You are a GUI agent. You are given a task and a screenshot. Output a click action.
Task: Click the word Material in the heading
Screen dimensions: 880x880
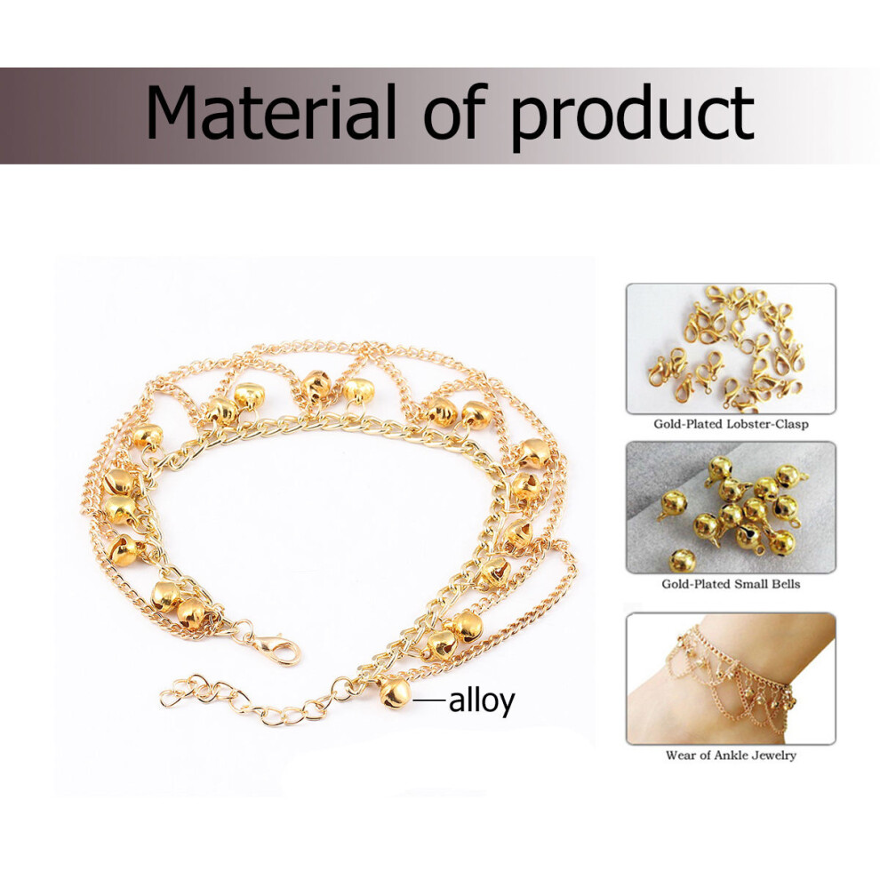click(x=271, y=112)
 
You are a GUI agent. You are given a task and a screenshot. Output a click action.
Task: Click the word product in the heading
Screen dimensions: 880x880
click(x=632, y=118)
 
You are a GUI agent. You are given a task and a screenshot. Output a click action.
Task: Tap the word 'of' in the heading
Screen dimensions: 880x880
click(x=453, y=111)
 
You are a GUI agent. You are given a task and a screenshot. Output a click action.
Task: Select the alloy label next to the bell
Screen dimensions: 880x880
click(x=482, y=701)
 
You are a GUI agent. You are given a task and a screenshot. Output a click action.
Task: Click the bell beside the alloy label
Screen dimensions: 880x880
click(x=394, y=692)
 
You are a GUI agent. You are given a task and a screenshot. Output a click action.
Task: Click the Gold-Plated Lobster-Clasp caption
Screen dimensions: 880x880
click(x=731, y=424)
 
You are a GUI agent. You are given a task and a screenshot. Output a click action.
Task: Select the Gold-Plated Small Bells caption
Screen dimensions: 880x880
click(x=731, y=584)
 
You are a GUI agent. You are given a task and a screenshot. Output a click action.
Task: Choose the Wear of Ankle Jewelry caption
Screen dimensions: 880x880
click(x=731, y=756)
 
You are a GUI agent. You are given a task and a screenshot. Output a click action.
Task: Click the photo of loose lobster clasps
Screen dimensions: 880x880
click(x=731, y=348)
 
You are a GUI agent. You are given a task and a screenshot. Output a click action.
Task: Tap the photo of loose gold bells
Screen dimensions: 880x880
click(x=731, y=508)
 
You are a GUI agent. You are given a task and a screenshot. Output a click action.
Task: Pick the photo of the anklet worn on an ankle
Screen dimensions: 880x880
click(x=731, y=679)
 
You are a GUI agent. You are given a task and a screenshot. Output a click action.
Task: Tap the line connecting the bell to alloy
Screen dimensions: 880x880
click(x=429, y=700)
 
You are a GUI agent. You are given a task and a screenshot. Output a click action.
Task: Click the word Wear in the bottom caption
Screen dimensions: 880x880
click(x=681, y=756)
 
